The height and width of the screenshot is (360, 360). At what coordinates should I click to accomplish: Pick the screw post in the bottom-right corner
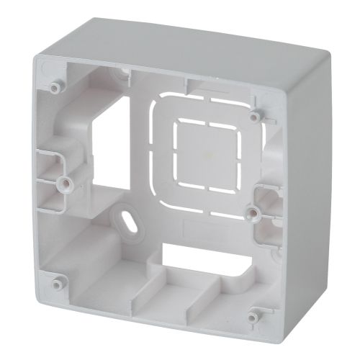click(x=252, y=315)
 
